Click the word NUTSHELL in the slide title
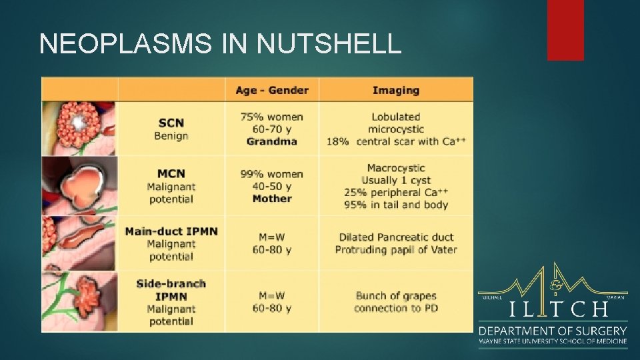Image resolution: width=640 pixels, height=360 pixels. pos(329,44)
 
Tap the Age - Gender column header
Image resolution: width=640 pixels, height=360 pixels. pos(271,90)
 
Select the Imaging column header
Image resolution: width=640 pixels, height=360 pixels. pos(395,90)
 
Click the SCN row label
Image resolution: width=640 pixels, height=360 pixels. pos(171,123)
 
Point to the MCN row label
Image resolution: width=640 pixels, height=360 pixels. pos(171,174)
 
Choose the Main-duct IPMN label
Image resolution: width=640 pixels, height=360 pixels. pos(171,231)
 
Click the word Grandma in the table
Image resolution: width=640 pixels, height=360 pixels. pos(271,141)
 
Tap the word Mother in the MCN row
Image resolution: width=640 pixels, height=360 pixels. pos(272,199)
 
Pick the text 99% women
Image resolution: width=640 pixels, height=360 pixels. pos(271,174)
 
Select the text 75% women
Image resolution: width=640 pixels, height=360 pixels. pos(271,117)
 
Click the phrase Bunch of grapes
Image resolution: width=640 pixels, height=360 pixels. pos(396,295)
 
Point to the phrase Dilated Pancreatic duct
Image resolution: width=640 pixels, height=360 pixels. pos(396,237)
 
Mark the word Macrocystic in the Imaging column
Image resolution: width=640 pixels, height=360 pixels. pos(396,168)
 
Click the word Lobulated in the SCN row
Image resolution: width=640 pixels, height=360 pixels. pos(396,117)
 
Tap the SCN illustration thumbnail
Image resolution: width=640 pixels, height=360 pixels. pos(79,127)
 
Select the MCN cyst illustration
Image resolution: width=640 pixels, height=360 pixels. pos(79,185)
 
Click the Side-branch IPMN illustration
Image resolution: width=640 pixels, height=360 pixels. pos(79,301)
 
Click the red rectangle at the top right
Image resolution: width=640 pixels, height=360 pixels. pos(565,30)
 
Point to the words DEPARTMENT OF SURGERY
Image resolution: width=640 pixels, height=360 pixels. pos(553,331)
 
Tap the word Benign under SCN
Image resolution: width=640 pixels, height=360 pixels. pos(171,136)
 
